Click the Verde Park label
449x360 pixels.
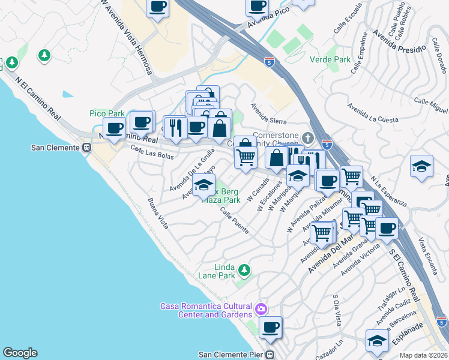click(330, 60)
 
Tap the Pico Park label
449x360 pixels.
click(107, 113)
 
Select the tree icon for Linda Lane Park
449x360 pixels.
click(244, 270)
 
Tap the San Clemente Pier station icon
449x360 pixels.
click(270, 354)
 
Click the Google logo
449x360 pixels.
click(20, 353)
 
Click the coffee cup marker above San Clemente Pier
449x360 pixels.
click(271, 327)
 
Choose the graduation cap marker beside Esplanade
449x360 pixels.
click(377, 340)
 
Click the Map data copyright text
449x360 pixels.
click(424, 355)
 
